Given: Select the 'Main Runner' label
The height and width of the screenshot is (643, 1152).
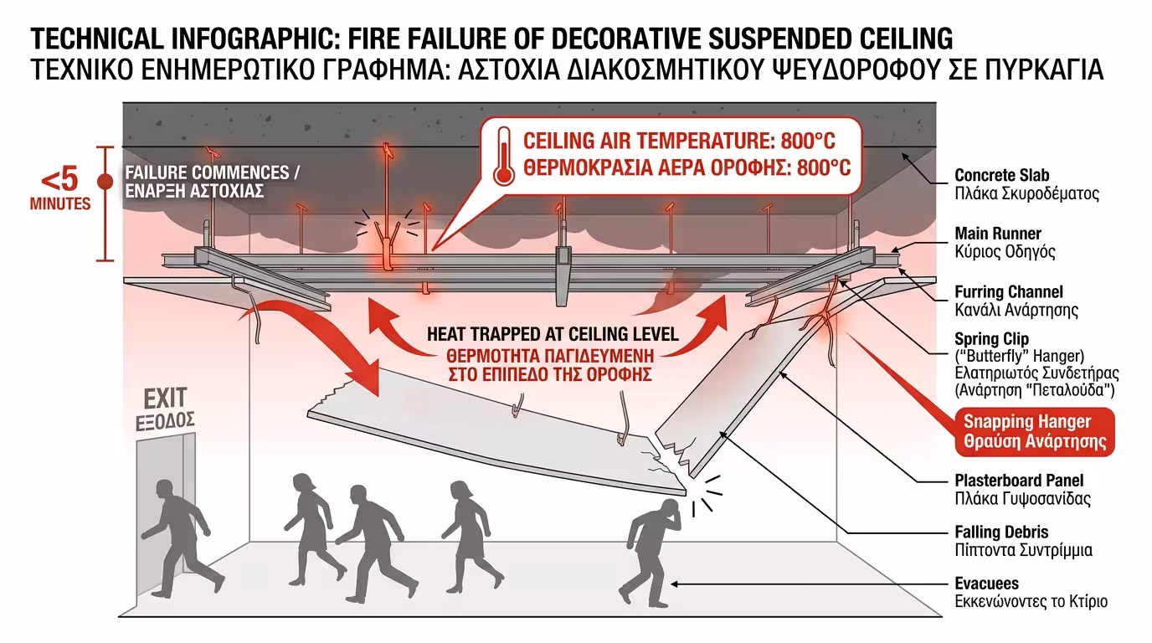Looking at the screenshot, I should (998, 234).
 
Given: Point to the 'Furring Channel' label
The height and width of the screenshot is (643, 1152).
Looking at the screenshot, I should (1009, 292).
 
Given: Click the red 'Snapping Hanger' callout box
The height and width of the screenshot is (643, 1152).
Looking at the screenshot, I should (1036, 431).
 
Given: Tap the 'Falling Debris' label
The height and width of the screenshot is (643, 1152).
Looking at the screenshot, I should (1001, 532).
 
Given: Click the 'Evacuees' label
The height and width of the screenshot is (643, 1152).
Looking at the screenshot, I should (987, 584).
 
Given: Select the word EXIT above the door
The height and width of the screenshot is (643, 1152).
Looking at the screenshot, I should (165, 397).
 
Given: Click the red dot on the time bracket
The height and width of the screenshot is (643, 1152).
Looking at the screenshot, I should (105, 181).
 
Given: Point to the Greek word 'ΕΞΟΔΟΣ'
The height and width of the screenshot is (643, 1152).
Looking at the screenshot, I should (165, 419).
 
